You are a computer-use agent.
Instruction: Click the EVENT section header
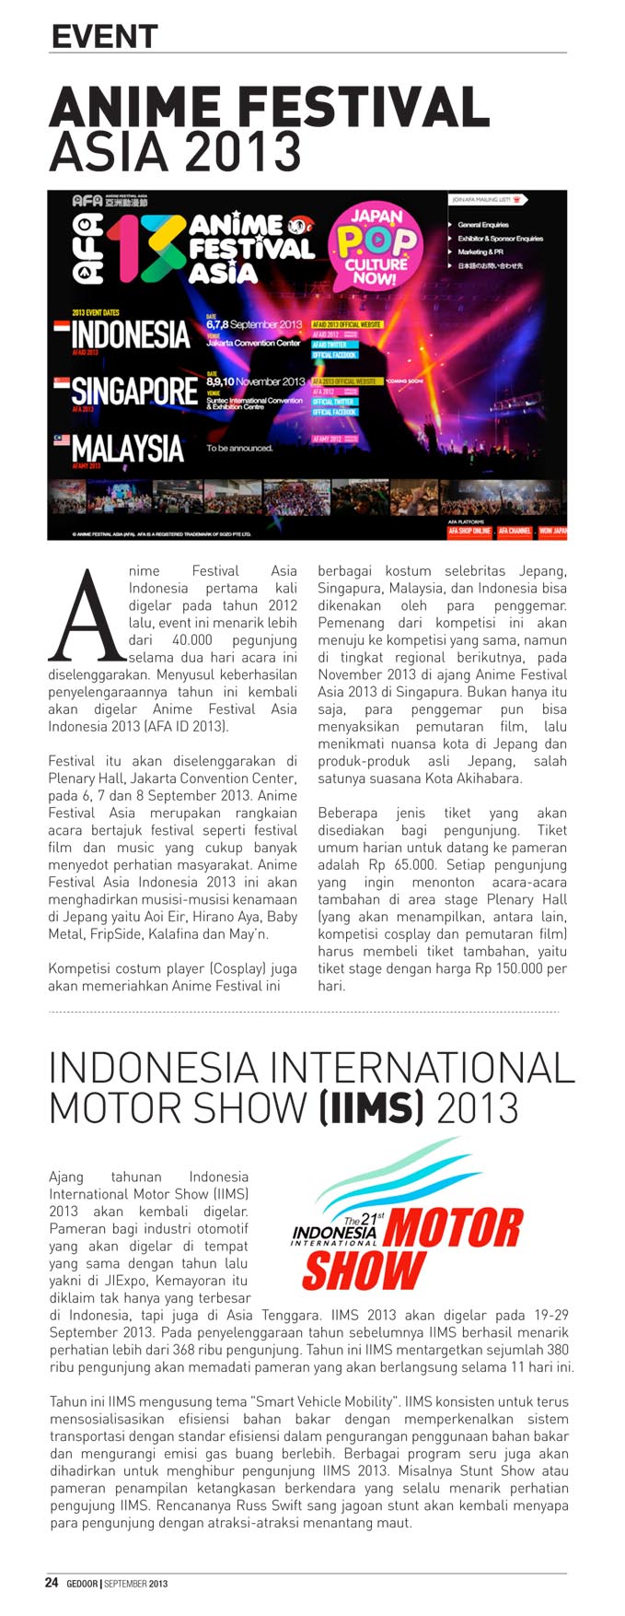104,36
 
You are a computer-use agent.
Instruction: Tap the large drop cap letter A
87,615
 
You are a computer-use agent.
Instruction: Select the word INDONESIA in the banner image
130,334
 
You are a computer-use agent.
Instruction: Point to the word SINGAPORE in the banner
134,391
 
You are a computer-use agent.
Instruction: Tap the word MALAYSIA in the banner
128,449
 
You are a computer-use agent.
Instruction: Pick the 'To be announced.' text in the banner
239,449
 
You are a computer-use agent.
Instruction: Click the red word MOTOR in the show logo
453,1228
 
